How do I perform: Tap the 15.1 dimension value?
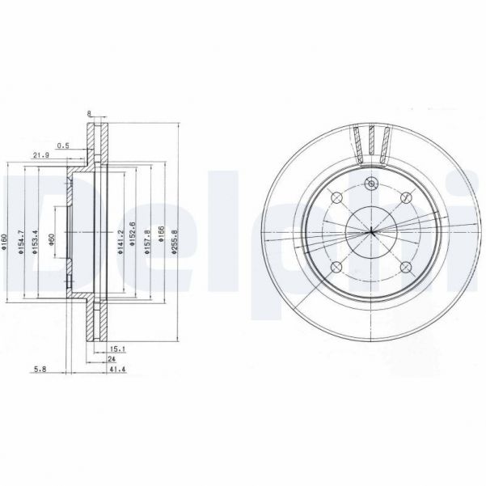(115, 348)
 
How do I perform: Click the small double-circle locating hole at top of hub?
(371, 184)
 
